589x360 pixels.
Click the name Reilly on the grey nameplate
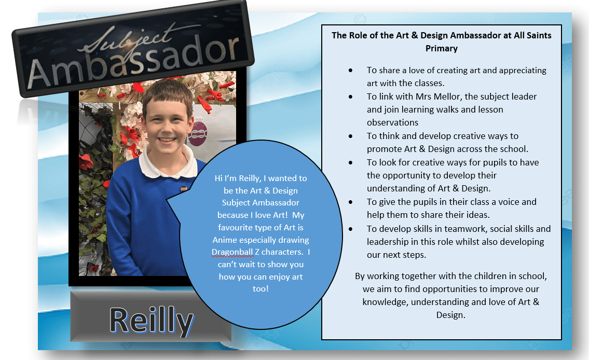coord(152,321)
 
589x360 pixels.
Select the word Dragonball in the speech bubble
coord(232,252)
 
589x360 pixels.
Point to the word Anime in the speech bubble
coord(225,240)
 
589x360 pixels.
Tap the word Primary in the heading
coord(442,48)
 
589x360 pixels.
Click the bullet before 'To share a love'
coord(350,70)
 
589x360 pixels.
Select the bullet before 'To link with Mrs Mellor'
coord(350,96)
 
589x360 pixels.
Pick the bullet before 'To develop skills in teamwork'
coord(350,229)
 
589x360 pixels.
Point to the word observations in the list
coord(392,122)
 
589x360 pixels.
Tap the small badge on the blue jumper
coord(184,188)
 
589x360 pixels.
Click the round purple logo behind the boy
coord(198,133)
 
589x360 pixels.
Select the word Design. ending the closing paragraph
coord(451,315)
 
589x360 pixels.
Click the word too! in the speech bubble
coord(261,289)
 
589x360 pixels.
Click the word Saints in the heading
coord(539,35)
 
